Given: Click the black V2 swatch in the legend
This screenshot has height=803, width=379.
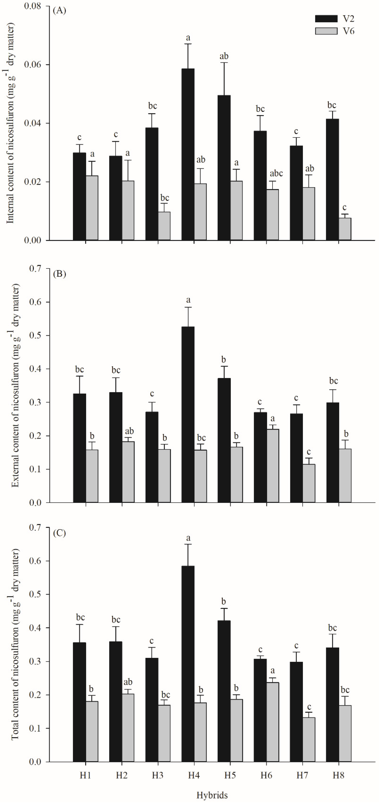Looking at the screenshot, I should [326, 19].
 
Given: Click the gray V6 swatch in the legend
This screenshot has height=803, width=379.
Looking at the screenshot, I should [326, 31].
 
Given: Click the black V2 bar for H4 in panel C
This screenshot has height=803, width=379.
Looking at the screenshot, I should [188, 664].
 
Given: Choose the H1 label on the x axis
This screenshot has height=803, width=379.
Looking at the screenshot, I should [85, 775].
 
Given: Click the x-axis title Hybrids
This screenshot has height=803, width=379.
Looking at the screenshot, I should [212, 795].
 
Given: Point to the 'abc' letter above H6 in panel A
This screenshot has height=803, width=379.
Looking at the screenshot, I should [276, 173].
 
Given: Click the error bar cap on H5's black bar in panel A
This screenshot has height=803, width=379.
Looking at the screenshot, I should [224, 63].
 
